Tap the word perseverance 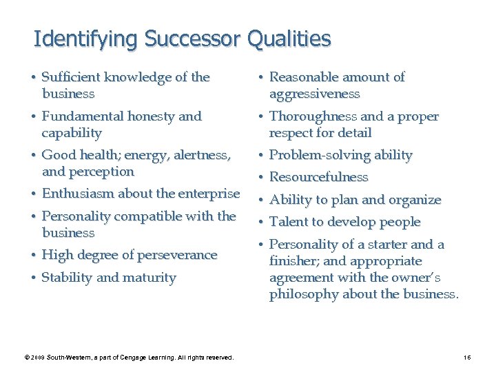(x=178, y=255)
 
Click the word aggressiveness (x=315, y=94)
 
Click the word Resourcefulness (x=319, y=177)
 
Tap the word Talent (x=288, y=222)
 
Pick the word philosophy (x=303, y=294)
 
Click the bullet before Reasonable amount (x=262, y=78)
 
